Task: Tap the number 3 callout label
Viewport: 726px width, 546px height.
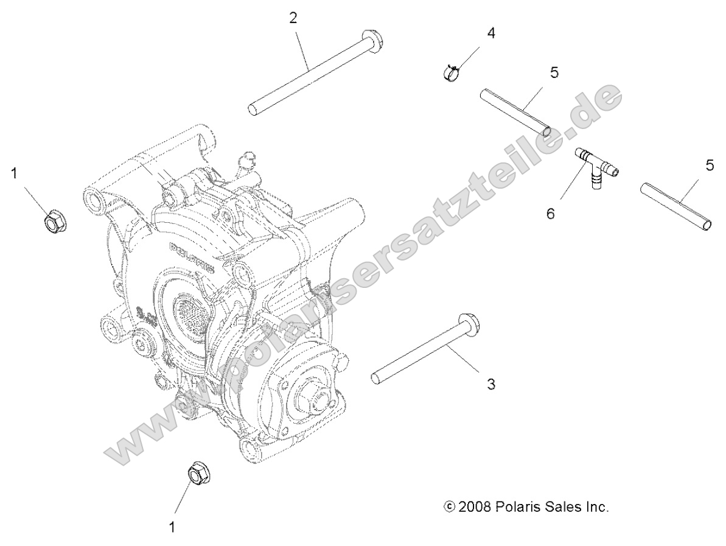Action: click(x=491, y=384)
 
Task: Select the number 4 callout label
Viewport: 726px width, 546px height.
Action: click(x=490, y=33)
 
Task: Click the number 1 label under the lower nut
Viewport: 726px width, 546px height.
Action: click(x=172, y=527)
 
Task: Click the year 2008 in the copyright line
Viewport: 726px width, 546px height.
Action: click(x=475, y=506)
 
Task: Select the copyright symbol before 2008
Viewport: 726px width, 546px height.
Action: click(x=450, y=506)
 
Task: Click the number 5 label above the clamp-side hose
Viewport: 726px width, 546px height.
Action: click(x=554, y=72)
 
